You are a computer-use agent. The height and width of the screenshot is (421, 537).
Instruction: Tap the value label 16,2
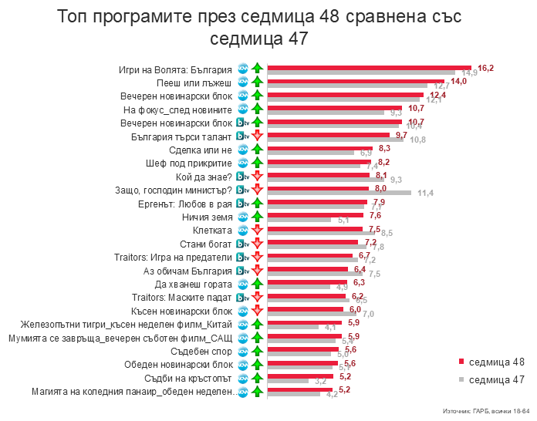pos(485,68)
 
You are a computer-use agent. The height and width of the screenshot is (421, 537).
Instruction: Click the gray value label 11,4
pos(425,193)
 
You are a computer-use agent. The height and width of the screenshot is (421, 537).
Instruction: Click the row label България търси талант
pos(182,136)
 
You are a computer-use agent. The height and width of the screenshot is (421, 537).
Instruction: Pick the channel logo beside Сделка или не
pos(241,150)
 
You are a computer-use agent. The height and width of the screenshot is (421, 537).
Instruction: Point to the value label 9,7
pos(401,135)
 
